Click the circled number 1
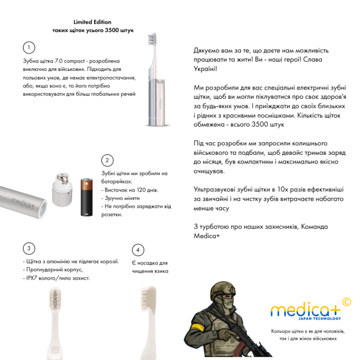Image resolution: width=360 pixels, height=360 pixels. pos(29,48)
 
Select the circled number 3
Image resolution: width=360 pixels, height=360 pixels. pos(29,248)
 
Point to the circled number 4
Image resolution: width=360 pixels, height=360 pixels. pos(138,250)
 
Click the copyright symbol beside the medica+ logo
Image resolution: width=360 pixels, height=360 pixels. pos(346,302)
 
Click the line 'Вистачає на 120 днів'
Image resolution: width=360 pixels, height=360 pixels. pos(131,190)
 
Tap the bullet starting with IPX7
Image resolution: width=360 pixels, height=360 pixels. pos(57,278)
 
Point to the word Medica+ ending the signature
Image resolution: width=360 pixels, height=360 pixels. pos(207,236)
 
